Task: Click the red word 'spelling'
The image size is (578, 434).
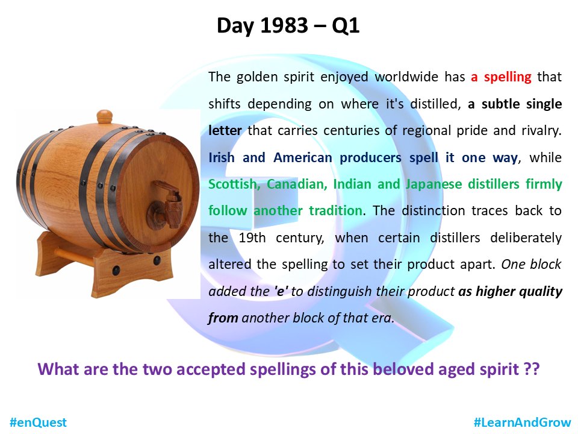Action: (509, 77)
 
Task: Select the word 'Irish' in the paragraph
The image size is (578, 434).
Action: (222, 157)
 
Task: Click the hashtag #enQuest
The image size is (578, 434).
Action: (37, 422)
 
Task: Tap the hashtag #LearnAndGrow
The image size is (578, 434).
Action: (522, 422)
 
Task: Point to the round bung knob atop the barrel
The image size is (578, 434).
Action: (105, 115)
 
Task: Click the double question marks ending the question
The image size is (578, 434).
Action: (531, 369)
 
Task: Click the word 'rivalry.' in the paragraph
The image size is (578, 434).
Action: (537, 130)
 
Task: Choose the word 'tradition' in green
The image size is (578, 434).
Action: (336, 210)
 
